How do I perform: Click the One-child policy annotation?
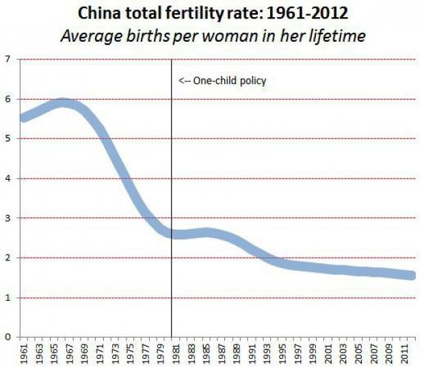coord(222,81)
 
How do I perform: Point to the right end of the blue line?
coord(410,275)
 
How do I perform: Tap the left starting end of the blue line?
coord(25,118)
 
